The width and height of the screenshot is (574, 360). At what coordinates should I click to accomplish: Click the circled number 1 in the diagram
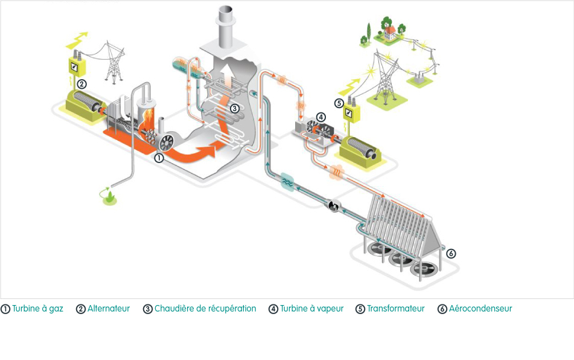click(x=159, y=158)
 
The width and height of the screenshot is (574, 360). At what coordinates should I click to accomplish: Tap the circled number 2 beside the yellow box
click(x=81, y=84)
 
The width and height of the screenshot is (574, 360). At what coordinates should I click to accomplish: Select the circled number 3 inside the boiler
click(x=234, y=108)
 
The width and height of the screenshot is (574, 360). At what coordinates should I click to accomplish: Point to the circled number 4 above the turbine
click(x=320, y=117)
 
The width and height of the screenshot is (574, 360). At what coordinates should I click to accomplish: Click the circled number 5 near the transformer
click(x=339, y=103)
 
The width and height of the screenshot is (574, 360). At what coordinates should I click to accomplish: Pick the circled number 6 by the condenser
click(x=451, y=253)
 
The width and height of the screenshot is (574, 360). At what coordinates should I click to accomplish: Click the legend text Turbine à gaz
click(x=37, y=309)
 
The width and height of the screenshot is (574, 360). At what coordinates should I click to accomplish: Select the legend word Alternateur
click(x=109, y=309)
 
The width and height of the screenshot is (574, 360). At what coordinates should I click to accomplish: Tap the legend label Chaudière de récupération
click(x=205, y=309)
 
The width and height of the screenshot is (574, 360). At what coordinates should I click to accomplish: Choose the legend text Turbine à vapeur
click(x=312, y=309)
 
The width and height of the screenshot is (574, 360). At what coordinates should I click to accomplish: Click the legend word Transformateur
click(x=396, y=309)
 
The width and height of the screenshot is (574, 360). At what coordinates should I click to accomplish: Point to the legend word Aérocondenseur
click(x=480, y=309)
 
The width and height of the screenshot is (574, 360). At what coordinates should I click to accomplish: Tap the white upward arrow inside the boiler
click(x=228, y=75)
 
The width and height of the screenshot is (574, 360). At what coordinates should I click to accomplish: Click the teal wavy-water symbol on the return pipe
click(x=288, y=182)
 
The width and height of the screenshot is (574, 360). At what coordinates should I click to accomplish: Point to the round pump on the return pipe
click(x=334, y=206)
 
